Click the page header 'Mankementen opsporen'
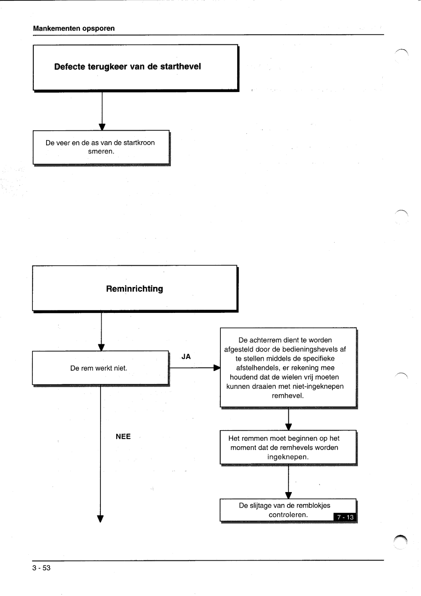[74, 28]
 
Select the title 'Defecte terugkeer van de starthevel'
[127, 67]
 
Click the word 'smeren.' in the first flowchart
[101, 151]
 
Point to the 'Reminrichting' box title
[135, 289]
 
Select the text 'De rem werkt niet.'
[99, 368]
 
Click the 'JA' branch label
[186, 356]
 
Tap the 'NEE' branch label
[123, 436]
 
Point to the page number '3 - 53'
[41, 568]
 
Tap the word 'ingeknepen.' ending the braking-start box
[288, 457]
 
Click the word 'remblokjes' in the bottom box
[313, 505]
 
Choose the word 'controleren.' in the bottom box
[288, 514]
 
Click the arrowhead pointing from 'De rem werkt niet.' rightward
[217, 368]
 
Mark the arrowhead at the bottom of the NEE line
[100, 519]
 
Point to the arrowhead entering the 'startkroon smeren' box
[102, 127]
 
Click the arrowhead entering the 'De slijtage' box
[288, 495]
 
